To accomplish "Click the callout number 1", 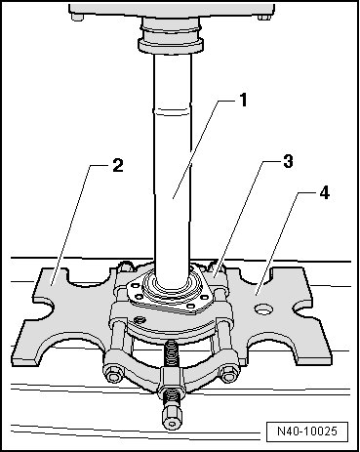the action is coord(243,100).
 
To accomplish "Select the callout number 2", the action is coord(117,165).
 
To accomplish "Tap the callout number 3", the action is coord(288,161).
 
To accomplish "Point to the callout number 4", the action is coord(324,192).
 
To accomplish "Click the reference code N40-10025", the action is coord(307,431).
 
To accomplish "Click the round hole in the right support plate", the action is coord(263,309).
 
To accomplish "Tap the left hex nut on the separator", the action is coord(113,373).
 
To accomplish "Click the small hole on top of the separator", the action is coord(140,320).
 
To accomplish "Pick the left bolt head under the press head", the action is coord(77,18).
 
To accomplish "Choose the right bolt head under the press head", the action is coord(264,17).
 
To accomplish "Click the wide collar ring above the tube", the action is coord(171,45).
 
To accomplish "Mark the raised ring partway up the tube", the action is coord(172,109).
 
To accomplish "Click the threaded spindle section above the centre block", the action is coord(172,353).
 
